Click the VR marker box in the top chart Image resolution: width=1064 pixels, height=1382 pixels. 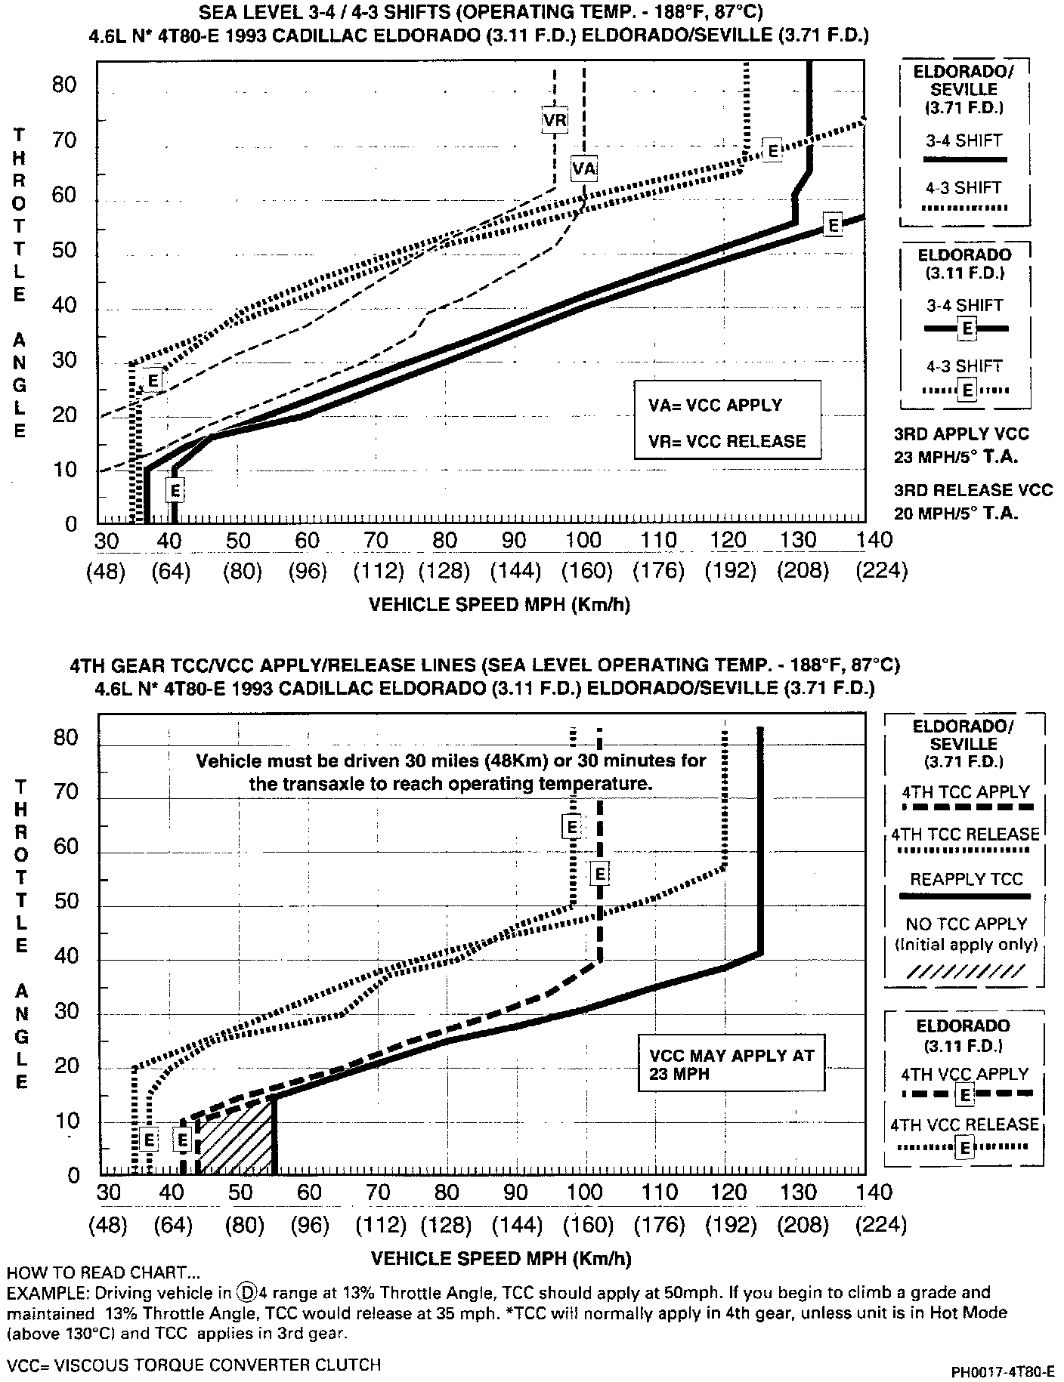pyautogui.click(x=555, y=119)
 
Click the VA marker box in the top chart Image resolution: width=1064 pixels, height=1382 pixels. pyautogui.click(x=583, y=168)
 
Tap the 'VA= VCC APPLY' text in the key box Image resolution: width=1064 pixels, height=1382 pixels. pyautogui.click(x=715, y=405)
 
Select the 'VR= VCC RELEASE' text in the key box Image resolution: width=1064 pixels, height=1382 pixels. pyautogui.click(x=726, y=441)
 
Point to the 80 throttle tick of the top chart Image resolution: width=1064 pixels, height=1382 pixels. pyautogui.click(x=65, y=85)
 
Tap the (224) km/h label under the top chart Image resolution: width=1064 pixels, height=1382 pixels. pyautogui.click(x=881, y=571)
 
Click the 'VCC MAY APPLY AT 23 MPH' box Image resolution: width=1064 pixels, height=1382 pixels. pyautogui.click(x=731, y=1064)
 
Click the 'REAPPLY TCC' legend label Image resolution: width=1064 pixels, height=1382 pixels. pyautogui.click(x=966, y=879)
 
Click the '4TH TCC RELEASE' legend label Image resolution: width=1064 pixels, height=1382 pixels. pyautogui.click(x=966, y=834)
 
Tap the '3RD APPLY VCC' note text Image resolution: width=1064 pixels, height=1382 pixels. pyautogui.click(x=961, y=434)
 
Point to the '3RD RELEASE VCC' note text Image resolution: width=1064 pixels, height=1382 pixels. pyautogui.click(x=973, y=490)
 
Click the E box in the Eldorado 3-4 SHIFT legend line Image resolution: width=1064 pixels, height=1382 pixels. pyautogui.click(x=967, y=328)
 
